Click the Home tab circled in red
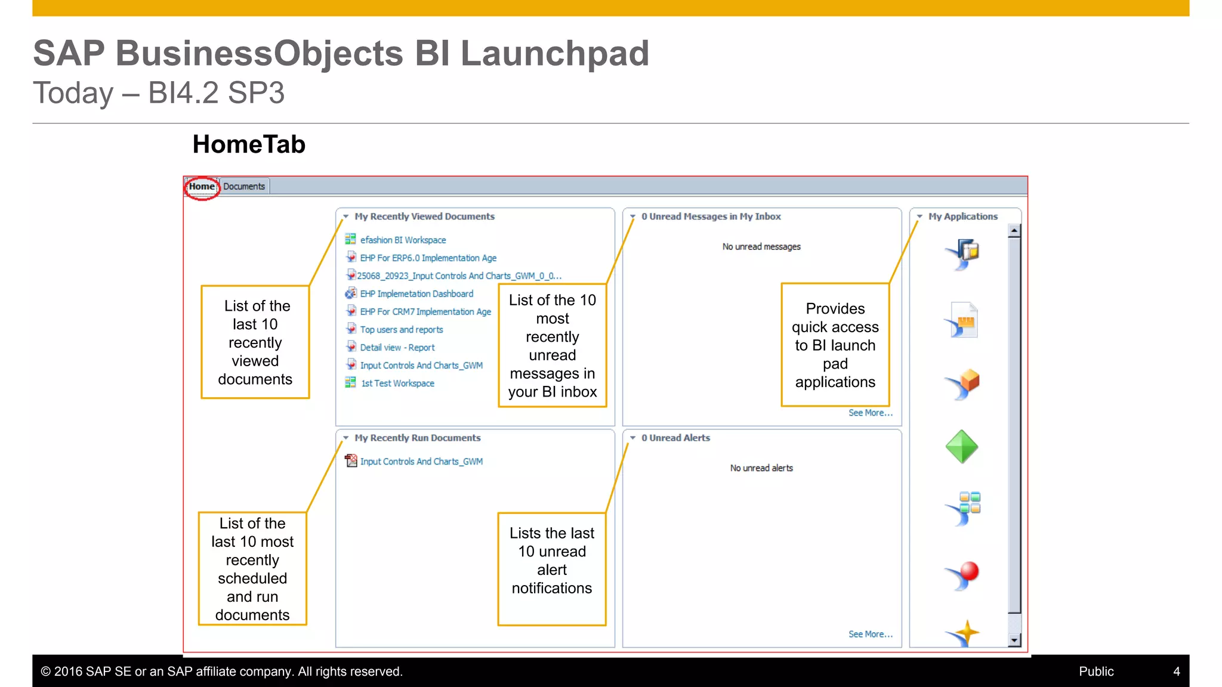coord(202,187)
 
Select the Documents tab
coord(244,187)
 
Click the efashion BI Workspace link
coord(403,240)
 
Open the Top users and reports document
coord(401,330)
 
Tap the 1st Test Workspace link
coord(397,383)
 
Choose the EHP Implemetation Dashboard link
coord(416,294)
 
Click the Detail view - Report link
coord(397,348)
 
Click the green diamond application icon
coord(962,447)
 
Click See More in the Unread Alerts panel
coord(870,635)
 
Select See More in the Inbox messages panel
coord(870,413)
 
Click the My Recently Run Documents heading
coord(417,438)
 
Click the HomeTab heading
coord(249,145)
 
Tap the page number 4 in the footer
coord(1176,671)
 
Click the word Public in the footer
coord(1096,671)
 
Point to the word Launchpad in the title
coord(554,54)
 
